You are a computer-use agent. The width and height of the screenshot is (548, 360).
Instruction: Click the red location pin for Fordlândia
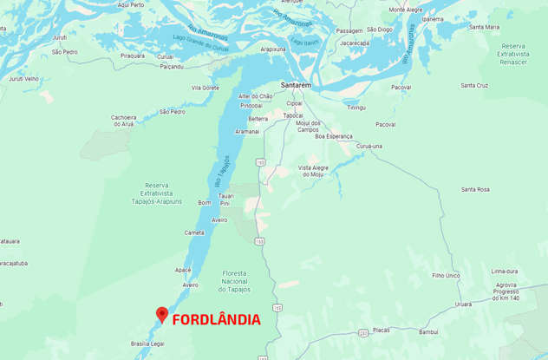[x=161, y=315]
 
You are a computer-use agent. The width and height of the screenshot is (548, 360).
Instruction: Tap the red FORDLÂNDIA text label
[x=216, y=319]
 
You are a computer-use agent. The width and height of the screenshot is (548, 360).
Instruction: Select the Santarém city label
[x=296, y=85]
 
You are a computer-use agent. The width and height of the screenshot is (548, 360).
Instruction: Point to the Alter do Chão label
[x=255, y=95]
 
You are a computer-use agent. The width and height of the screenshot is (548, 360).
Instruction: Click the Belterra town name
[x=258, y=118]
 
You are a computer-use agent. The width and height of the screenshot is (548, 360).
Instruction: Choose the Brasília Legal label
[x=147, y=344]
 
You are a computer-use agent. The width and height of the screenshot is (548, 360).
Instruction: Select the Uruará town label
[x=463, y=304]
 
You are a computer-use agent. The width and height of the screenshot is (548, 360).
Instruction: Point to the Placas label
[x=382, y=330]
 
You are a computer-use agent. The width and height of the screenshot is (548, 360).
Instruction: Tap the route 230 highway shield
[x=362, y=332]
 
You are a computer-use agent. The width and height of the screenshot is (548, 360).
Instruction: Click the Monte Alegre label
[x=406, y=10]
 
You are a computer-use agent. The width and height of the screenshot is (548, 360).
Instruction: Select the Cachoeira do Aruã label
[x=124, y=121]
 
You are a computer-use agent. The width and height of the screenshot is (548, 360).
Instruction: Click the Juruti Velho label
[x=23, y=78]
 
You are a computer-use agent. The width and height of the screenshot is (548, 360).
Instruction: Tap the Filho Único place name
[x=445, y=275]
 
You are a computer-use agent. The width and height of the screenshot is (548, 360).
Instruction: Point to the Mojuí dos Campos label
[x=308, y=126]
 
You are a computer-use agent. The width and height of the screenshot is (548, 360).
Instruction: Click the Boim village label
[x=205, y=202]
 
